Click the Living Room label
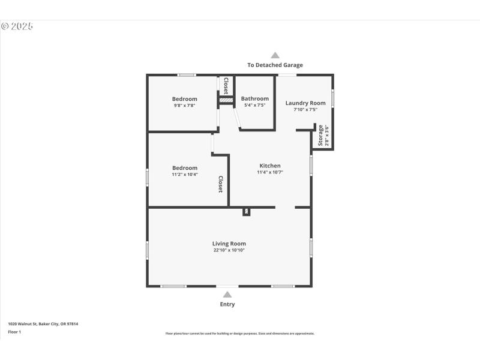(x=229, y=244)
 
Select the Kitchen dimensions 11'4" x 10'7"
(x=269, y=172)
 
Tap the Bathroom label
(x=254, y=98)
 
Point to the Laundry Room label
(x=305, y=103)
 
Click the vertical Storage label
(x=320, y=136)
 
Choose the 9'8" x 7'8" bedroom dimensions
(x=184, y=106)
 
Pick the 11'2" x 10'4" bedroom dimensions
(x=184, y=175)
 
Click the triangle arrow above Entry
(x=227, y=294)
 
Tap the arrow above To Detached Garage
(x=275, y=55)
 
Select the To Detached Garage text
(x=275, y=65)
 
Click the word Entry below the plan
(x=227, y=304)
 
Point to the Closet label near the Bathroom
(x=226, y=86)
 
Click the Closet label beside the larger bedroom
(x=220, y=184)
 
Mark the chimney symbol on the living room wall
(x=247, y=211)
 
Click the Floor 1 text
(x=14, y=332)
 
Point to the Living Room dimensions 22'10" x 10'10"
(x=229, y=250)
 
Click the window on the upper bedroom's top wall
(x=187, y=75)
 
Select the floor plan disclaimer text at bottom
(x=239, y=334)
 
